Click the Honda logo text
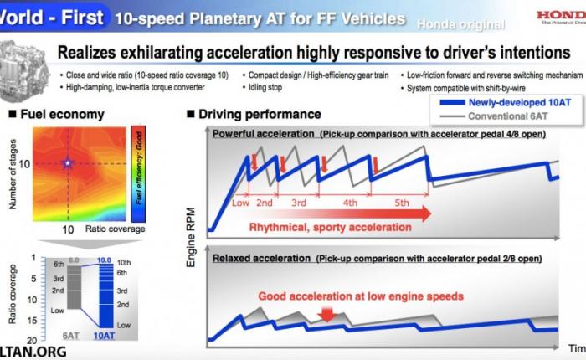(560, 16)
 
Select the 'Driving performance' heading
(260, 114)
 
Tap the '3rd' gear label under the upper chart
(297, 203)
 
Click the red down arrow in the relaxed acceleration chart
(327, 314)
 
